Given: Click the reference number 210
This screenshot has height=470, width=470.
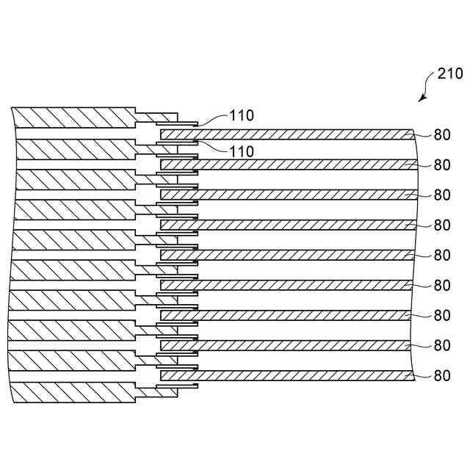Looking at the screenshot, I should coord(449,73).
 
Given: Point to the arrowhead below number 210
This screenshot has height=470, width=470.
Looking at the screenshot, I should coord(422,98).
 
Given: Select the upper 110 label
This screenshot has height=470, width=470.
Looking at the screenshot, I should coord(241,115).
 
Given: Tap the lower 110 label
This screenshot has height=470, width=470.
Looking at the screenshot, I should coord(241,151).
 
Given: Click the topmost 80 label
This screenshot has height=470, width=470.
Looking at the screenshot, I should coord(441,134).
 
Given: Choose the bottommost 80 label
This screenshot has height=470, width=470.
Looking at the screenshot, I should coord(441,375).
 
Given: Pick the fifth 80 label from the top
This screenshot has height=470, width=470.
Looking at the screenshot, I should coord(441,255).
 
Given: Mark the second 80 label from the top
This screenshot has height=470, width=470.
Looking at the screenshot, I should coord(441,164).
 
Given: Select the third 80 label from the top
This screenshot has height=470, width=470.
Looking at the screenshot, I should coord(441,195).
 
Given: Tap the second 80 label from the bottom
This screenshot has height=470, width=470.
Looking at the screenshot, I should coord(441,345).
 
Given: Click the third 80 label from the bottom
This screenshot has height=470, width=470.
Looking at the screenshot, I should coord(441,315).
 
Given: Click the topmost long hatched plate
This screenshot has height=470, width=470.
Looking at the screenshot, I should coord(286,135).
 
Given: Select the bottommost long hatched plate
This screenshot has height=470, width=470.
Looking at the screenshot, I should coord(286,375).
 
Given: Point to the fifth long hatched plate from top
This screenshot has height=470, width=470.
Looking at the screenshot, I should coord(286,255).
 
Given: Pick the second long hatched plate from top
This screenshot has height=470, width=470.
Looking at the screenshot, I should coord(286,164).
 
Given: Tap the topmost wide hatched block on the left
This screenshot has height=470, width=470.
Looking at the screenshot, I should coord(73,117).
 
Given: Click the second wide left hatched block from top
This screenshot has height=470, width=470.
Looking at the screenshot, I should coord(73,149).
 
